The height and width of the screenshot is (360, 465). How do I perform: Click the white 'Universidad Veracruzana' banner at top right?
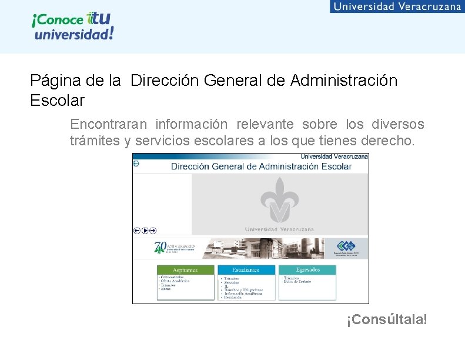[397, 6]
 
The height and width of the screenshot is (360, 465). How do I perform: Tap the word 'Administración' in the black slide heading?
[343, 81]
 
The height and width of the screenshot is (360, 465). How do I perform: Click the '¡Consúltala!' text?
[387, 319]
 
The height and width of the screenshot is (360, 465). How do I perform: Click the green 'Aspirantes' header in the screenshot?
[186, 270]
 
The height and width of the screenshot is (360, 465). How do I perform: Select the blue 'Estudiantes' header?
[246, 270]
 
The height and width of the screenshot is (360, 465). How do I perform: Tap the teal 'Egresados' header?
[307, 270]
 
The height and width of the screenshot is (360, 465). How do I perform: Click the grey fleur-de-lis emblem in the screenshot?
[279, 200]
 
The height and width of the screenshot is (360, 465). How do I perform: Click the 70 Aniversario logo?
[174, 248]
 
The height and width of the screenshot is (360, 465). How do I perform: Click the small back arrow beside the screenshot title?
[136, 164]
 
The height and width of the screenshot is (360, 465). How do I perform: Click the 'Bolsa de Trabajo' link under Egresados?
[297, 282]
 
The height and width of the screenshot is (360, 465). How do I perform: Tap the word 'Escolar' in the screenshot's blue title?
[336, 166]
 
